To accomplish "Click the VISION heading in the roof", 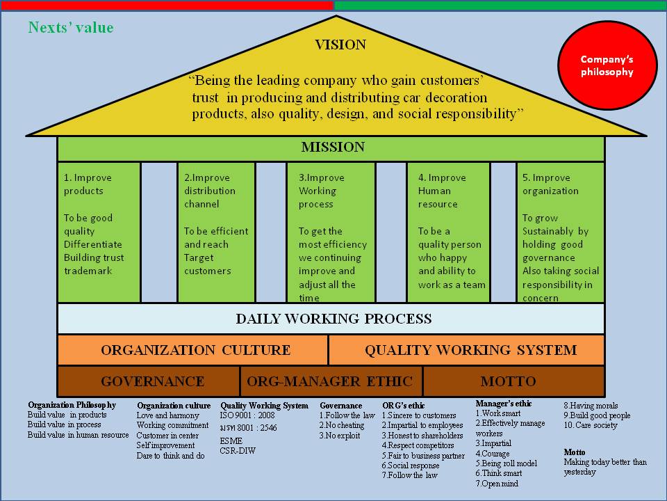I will point(340,45).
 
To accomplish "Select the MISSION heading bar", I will point(332,148).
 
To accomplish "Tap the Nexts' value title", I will point(70,28).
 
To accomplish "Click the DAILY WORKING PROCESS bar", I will point(332,319).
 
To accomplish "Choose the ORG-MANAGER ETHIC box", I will point(330,381).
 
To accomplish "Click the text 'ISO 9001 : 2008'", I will point(247,415).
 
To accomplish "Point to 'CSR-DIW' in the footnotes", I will point(237,450).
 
